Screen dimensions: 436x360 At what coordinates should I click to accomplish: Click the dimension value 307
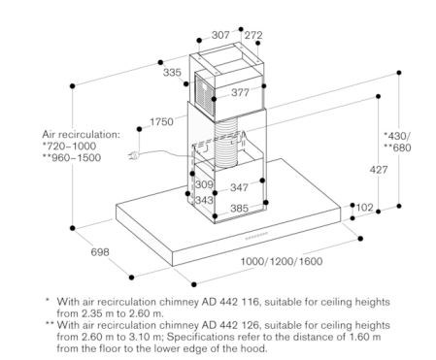(x=220, y=35)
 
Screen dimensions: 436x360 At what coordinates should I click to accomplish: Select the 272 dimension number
(x=253, y=35)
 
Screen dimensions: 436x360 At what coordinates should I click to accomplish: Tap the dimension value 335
(x=172, y=72)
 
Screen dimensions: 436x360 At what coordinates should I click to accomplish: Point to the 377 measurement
(x=240, y=93)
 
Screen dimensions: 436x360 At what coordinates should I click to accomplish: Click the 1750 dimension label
(x=161, y=122)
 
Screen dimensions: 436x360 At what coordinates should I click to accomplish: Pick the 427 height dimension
(x=379, y=170)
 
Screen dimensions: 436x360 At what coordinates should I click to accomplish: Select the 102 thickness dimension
(x=365, y=208)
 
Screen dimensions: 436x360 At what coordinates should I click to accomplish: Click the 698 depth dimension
(x=100, y=252)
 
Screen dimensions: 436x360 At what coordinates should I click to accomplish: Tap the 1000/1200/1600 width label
(x=282, y=261)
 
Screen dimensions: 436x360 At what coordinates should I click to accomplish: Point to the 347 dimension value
(x=239, y=187)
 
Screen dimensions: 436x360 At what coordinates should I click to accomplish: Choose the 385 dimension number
(x=240, y=209)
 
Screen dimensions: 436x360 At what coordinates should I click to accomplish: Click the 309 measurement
(x=204, y=184)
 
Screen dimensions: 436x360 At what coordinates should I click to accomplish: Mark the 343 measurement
(x=204, y=200)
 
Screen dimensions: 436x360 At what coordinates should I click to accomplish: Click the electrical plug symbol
(x=134, y=156)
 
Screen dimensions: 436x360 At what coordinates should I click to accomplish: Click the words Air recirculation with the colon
(x=81, y=135)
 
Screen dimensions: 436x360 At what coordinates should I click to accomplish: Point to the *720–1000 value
(x=69, y=147)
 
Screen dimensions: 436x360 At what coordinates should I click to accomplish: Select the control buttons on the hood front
(x=256, y=236)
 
